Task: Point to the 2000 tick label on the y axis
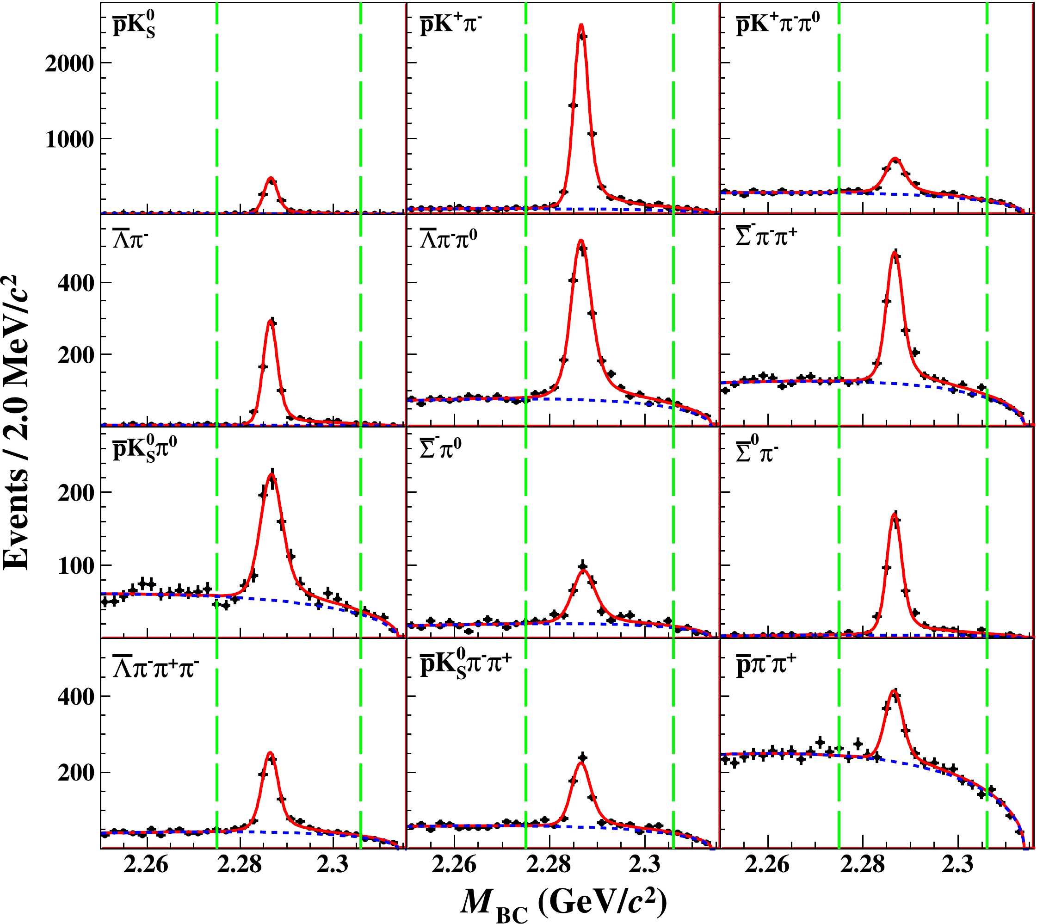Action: point(69,64)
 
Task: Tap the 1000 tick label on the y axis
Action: point(69,139)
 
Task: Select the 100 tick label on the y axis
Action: point(76,565)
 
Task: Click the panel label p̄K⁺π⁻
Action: point(451,24)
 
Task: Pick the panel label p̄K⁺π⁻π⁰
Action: point(777,24)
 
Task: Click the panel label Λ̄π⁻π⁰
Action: point(448,238)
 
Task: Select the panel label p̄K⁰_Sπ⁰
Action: point(145,449)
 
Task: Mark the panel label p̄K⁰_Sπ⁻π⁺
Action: point(465,665)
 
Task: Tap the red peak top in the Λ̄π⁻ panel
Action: point(271,320)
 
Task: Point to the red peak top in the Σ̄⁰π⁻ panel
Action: point(895,515)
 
